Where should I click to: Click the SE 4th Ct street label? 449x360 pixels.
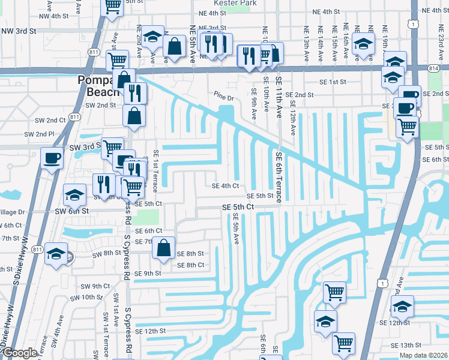tap(225, 186)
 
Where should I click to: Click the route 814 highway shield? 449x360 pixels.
tap(434, 69)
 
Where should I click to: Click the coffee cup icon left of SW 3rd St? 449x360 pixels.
tap(52, 158)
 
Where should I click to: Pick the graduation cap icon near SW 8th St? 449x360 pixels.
tap(56, 254)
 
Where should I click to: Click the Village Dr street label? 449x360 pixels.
tap(12, 212)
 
